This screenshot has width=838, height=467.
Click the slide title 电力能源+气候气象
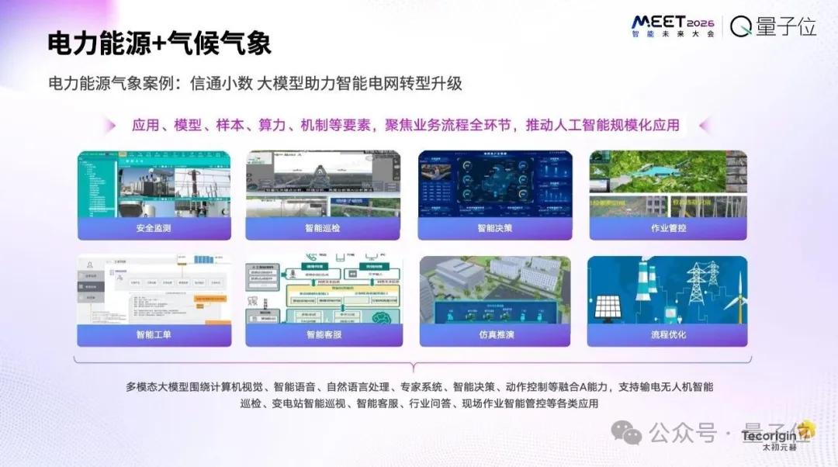point(159,43)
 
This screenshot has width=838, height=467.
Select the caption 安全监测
point(153,228)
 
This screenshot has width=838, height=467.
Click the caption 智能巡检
point(323,228)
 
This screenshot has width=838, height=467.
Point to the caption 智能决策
point(494,228)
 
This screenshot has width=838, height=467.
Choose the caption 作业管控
point(667,228)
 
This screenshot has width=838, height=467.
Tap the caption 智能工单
point(153,334)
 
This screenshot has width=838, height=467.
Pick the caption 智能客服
point(323,334)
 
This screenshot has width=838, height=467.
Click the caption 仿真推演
point(494,334)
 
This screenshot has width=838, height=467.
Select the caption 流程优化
point(667,334)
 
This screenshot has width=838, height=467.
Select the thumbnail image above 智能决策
point(494,184)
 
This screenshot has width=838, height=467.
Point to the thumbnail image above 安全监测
point(153,184)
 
